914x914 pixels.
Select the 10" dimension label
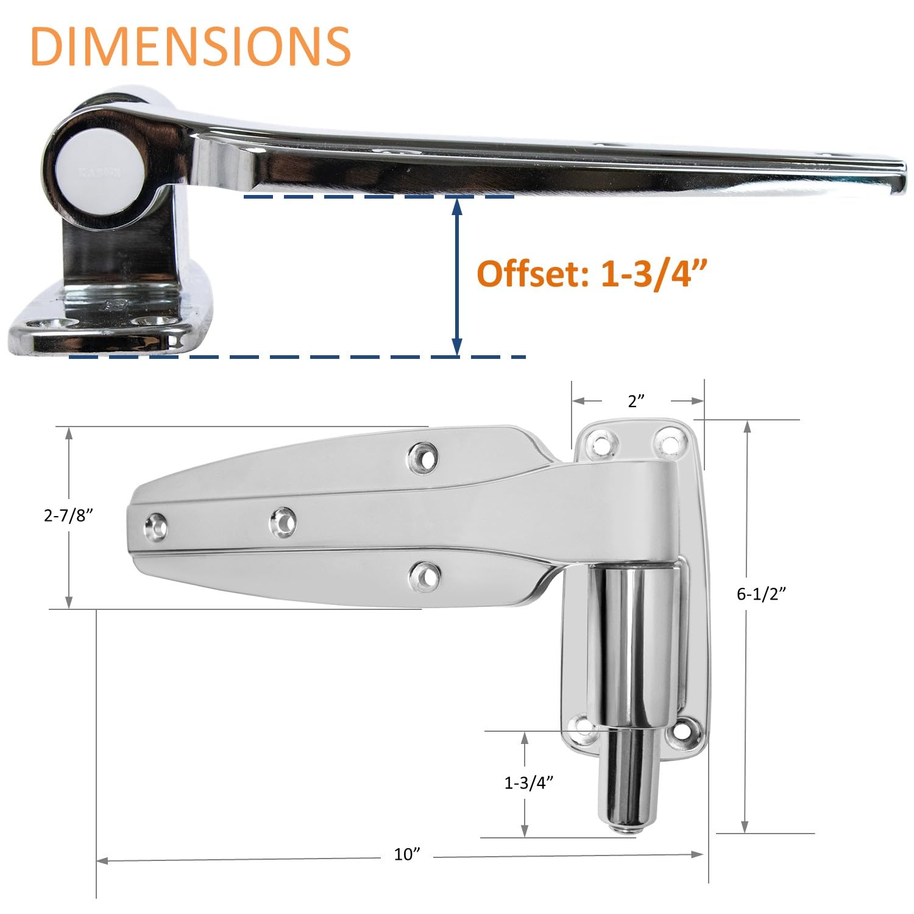pos(408,854)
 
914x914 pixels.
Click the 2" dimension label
pos(636,401)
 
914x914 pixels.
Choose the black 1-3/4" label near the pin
pos(528,783)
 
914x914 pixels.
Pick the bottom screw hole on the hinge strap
pos(424,575)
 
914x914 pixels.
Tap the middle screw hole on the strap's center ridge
pos(283,522)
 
